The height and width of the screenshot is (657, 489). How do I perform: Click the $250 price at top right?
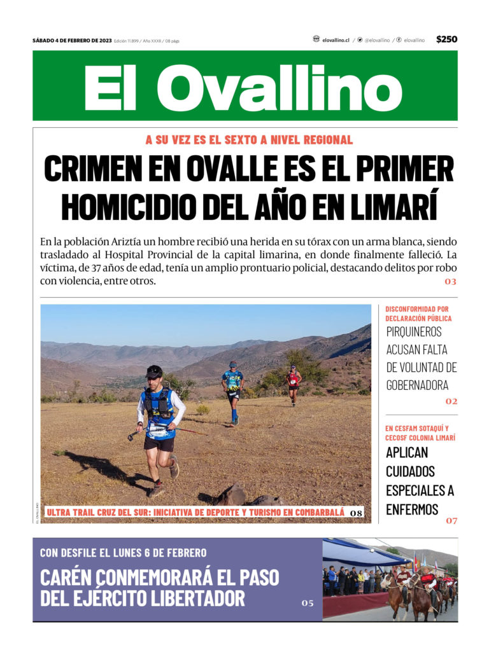tap(446, 39)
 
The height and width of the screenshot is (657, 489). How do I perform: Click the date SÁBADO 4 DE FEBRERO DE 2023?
tap(72, 41)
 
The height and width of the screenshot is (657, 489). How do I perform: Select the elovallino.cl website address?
tap(336, 40)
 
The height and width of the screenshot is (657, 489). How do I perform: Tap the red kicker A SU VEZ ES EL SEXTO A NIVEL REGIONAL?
tap(249, 140)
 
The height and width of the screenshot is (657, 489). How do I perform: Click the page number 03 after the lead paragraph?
tap(451, 281)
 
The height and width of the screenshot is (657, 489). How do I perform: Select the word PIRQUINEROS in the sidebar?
tap(414, 331)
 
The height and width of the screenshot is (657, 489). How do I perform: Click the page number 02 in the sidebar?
tap(451, 401)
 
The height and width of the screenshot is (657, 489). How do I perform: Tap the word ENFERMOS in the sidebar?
tap(412, 509)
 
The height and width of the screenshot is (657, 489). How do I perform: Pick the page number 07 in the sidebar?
tap(451, 521)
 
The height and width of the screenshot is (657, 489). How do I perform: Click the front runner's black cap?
tap(153, 370)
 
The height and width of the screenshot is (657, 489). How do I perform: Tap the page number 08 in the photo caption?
tap(356, 513)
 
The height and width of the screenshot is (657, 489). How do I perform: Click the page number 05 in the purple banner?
tap(308, 603)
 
